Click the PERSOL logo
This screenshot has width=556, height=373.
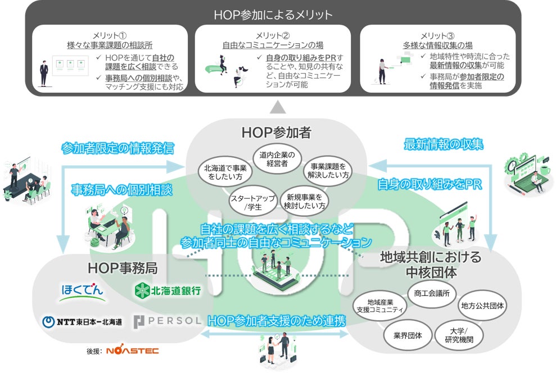coord(167,322)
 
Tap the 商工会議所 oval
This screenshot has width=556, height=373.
coord(431,294)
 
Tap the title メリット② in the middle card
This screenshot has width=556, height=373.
coord(277,35)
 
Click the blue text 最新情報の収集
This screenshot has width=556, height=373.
coord(444,144)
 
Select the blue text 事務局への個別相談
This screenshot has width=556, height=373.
coord(121,189)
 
